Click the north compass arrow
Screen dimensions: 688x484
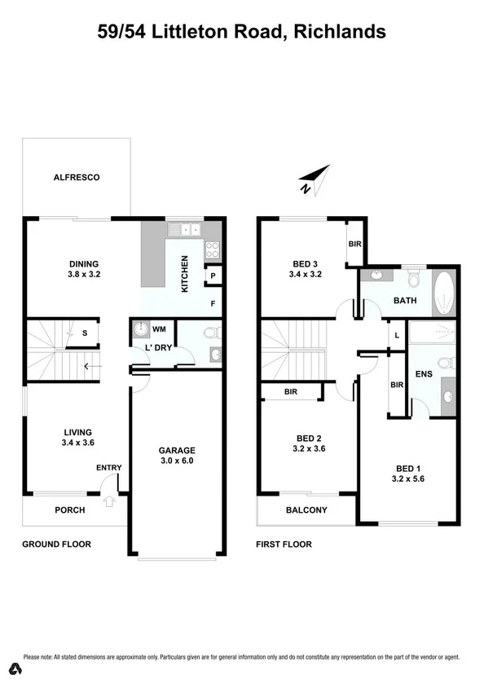tap(314, 179)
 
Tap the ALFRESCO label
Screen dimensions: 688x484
tap(76, 177)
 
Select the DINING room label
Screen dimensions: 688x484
tap(83, 263)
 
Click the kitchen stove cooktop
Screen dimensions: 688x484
tap(213, 249)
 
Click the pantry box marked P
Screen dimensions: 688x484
tap(212, 276)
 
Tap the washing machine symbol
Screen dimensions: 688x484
tap(142, 329)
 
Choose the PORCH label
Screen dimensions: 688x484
tap(70, 511)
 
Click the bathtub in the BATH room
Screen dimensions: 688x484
tap(445, 294)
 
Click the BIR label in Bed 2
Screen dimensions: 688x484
tap(291, 392)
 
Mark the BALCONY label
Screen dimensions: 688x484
tap(306, 511)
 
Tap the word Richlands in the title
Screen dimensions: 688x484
tap(340, 33)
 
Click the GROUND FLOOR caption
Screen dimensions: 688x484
tap(56, 545)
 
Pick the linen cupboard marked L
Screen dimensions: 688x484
tap(396, 336)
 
